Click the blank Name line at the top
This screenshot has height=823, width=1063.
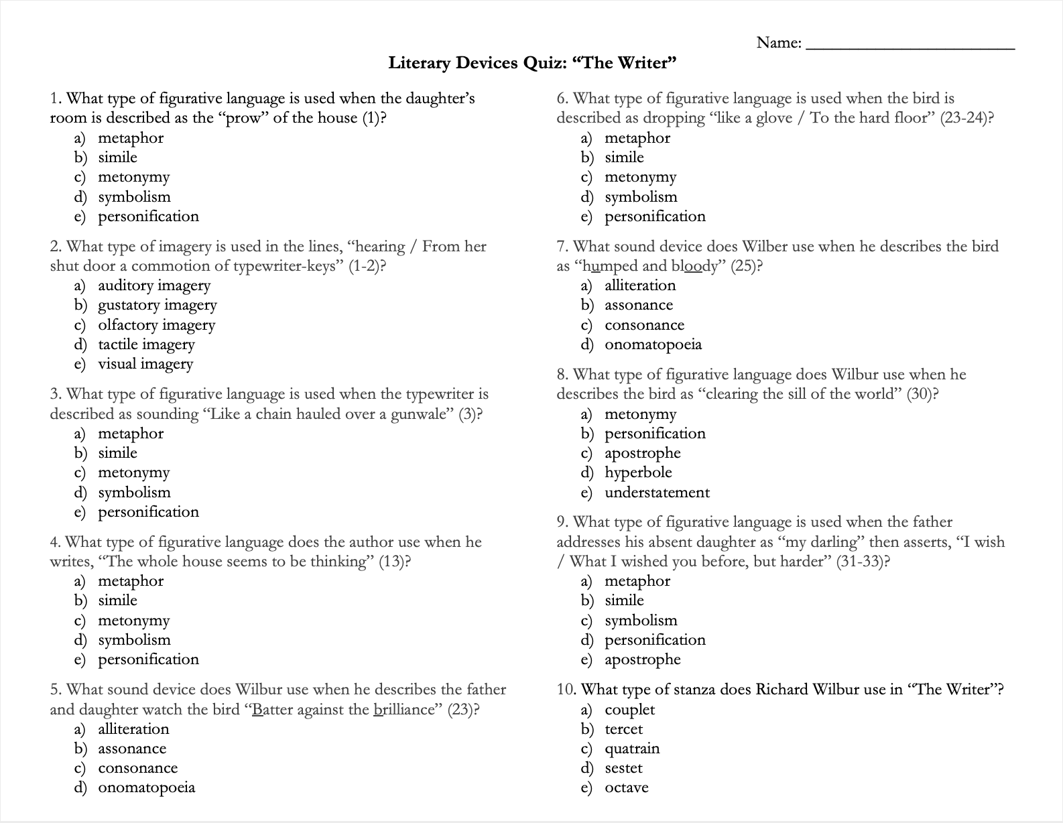click(x=910, y=44)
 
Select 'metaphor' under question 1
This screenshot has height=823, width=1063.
click(x=130, y=138)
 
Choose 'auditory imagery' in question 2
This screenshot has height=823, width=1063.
click(x=153, y=286)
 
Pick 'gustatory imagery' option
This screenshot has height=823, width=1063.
click(x=157, y=305)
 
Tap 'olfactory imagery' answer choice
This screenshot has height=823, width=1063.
click(x=156, y=325)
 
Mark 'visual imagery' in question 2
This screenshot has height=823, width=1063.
click(x=145, y=364)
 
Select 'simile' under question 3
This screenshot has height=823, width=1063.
click(x=117, y=453)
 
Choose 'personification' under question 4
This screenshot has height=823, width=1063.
click(x=148, y=659)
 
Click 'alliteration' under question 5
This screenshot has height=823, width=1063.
click(x=133, y=729)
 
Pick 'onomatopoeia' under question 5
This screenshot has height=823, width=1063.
click(x=146, y=788)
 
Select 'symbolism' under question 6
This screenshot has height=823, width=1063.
click(x=641, y=197)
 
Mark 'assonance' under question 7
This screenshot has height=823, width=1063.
click(x=638, y=305)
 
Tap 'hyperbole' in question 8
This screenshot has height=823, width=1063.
click(x=638, y=472)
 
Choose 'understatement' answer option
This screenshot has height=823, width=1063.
click(x=657, y=493)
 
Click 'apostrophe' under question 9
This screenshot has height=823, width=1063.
click(x=642, y=659)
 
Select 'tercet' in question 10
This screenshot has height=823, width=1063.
click(x=623, y=729)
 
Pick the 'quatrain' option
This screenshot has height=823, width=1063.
click(x=632, y=749)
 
